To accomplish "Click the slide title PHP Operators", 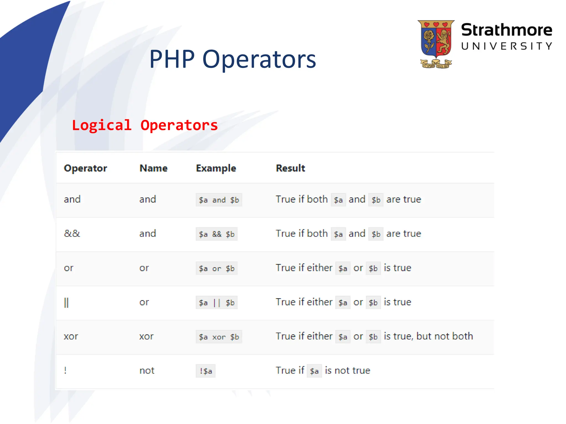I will point(232,59).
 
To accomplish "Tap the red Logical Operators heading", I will point(145,125).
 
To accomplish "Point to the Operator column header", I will point(85,168).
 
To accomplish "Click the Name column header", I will point(153,168).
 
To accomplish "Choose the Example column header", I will point(216,168).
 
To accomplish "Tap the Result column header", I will point(290,168).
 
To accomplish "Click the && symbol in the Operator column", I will point(72,234).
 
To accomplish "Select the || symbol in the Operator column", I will point(66,303).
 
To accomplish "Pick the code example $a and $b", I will point(219,200).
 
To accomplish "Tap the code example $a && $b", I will point(217,234).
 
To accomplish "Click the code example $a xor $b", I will point(219,337).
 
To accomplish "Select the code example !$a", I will point(206,371).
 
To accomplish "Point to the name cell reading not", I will point(147,370).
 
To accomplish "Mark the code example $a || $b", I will point(217,303).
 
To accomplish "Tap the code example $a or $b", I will point(217,268).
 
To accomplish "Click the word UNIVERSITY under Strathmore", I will point(506,46).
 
